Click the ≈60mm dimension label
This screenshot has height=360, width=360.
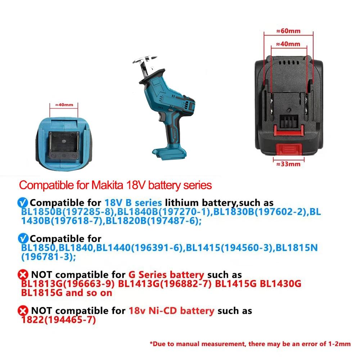click(x=288, y=31)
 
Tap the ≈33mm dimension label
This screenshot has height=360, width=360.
click(x=288, y=164)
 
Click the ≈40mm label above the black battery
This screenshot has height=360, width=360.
click(x=288, y=44)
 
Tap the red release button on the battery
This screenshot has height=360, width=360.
click(x=288, y=149)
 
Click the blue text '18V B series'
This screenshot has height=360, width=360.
click(x=133, y=203)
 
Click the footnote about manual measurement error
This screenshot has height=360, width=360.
click(x=250, y=344)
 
